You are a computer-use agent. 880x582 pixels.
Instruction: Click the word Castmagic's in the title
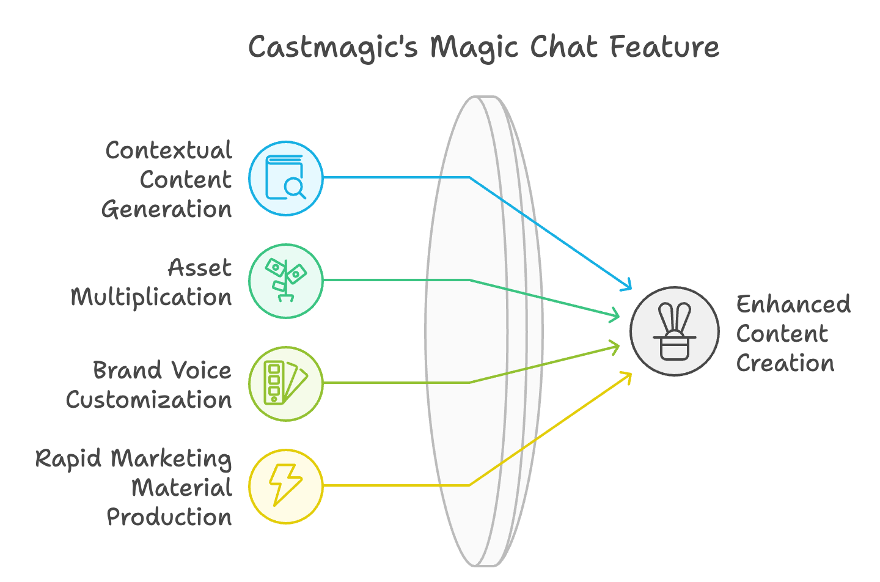coord(333,48)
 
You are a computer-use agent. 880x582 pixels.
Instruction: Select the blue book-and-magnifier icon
coord(285,178)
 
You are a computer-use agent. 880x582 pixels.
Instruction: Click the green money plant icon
coord(285,280)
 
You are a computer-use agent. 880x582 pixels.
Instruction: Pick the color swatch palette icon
coord(285,383)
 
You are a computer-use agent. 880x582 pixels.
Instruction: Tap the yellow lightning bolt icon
coord(285,485)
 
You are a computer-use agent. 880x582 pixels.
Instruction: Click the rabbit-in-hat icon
coord(675,331)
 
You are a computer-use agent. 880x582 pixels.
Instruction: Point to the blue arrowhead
coord(626,285)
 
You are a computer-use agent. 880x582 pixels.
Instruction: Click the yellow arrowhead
coord(626,377)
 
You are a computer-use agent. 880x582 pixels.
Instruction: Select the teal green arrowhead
coord(614,314)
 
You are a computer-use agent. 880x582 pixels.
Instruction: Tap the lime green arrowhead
coord(614,348)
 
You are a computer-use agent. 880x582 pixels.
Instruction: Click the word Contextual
coord(169,150)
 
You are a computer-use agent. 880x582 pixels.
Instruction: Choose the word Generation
coord(167,209)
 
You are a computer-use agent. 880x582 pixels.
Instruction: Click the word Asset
coord(200,268)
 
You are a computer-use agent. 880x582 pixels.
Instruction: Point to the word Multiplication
coord(152,298)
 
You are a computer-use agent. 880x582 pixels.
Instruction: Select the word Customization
coord(149,400)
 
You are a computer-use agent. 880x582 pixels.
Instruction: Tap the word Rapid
coord(68,459)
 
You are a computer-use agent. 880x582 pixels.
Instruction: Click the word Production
coord(169,517)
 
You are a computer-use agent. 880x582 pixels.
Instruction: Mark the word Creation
coord(785,363)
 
